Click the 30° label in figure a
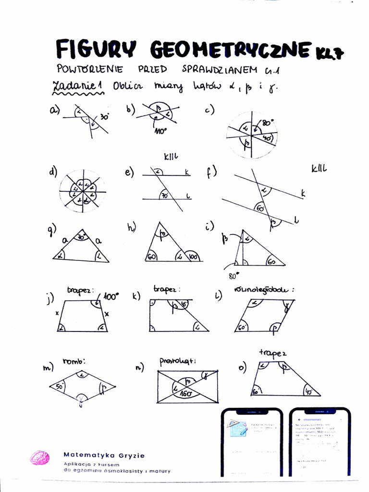104,116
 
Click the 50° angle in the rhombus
60,386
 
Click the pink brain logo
40,457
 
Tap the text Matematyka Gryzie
104,455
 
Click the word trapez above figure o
272,353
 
